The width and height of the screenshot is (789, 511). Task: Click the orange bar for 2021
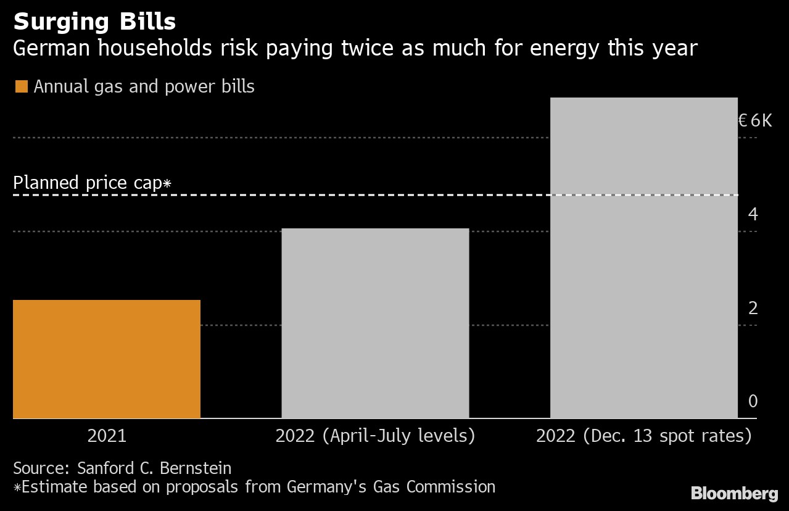coord(107,359)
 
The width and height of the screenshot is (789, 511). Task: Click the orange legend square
coord(21,86)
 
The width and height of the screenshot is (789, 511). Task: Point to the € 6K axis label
coord(754,120)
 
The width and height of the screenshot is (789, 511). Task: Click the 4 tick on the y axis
coord(753,214)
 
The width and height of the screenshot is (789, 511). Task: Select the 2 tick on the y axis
coord(753,308)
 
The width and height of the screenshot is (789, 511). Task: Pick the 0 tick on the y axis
coord(753,401)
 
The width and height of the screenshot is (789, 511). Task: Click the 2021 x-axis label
coord(107,436)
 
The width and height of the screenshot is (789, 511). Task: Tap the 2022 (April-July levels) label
coord(375,436)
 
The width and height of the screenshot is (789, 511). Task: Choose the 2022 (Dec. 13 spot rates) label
coord(643,436)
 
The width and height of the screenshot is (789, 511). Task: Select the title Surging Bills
coord(94,22)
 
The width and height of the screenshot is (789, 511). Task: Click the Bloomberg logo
coord(734,493)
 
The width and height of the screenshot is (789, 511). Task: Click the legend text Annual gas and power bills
coord(144,86)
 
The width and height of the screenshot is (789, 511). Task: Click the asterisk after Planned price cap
coord(167,183)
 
